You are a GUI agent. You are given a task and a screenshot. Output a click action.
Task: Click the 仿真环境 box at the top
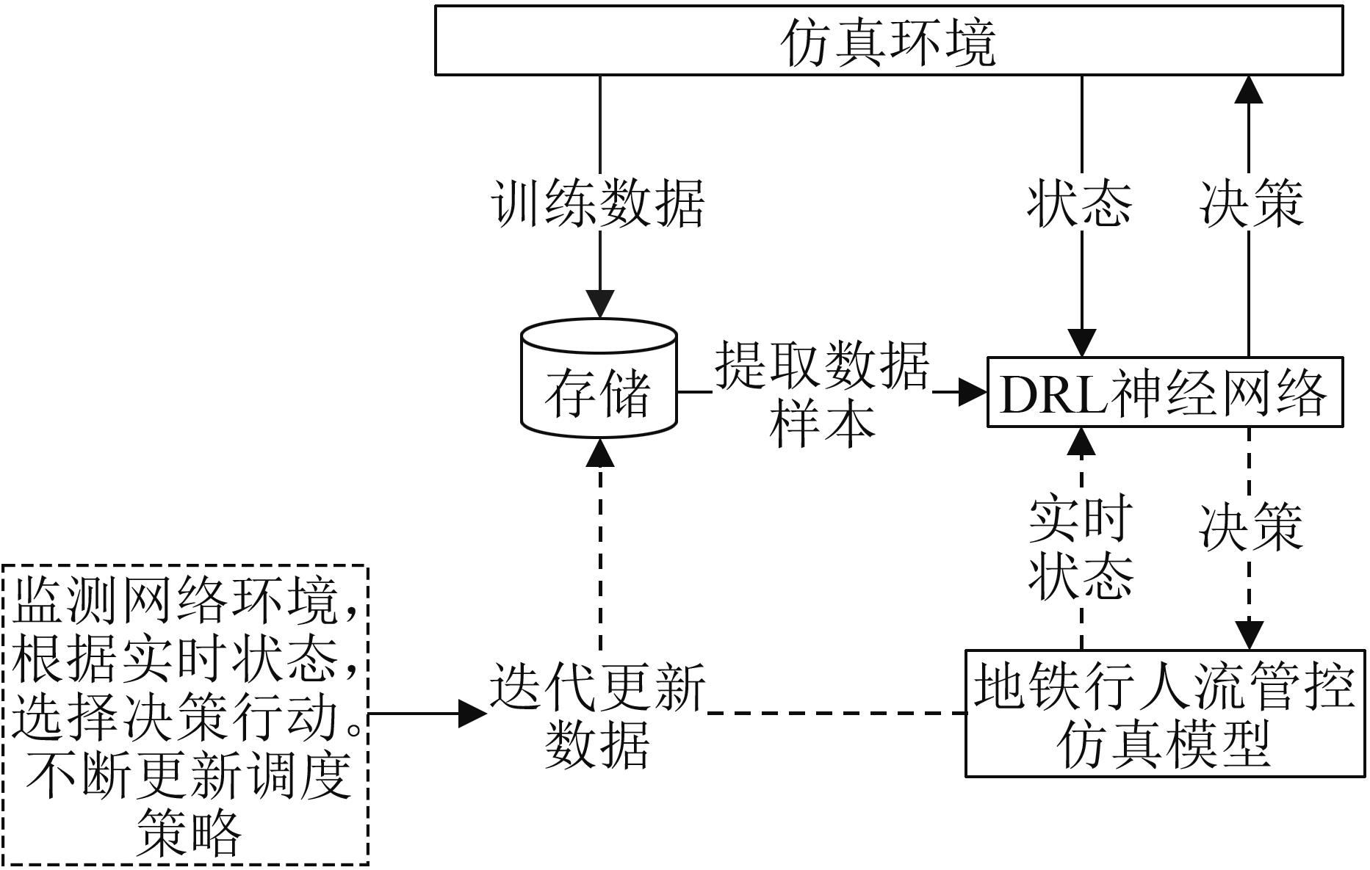[x=889, y=41]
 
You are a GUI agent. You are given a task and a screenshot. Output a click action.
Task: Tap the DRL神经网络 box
[x=1164, y=393]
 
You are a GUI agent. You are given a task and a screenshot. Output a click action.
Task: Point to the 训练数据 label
[x=599, y=203]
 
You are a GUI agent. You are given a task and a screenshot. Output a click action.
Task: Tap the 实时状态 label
[x=1081, y=548]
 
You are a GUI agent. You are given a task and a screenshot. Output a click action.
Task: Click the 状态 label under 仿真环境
[x=1080, y=203]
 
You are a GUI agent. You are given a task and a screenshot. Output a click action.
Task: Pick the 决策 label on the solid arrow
[x=1251, y=203]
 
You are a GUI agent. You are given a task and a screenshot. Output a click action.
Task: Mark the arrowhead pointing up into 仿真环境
[x=1249, y=89]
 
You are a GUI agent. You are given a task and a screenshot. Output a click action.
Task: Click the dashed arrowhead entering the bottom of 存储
[x=601, y=453]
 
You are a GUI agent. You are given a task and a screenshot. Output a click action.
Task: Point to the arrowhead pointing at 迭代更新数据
[x=472, y=713]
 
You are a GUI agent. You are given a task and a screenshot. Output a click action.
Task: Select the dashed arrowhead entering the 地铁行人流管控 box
[x=1250, y=635]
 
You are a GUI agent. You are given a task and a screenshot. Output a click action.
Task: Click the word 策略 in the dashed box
[x=190, y=833]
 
